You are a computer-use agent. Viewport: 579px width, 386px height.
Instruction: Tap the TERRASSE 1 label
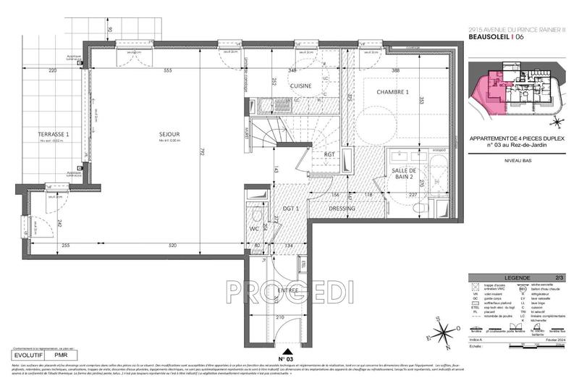pyautogui.click(x=53, y=135)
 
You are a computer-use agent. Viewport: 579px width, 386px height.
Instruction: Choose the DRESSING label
pyautogui.click(x=341, y=209)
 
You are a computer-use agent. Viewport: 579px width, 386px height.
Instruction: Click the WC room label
pyautogui.click(x=253, y=230)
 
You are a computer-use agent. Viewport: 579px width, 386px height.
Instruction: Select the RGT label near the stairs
pyautogui.click(x=329, y=154)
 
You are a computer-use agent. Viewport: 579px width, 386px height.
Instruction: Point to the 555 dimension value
pyautogui.click(x=167, y=70)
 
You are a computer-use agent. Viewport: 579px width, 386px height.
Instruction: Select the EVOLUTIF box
pyautogui.click(x=30, y=356)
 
